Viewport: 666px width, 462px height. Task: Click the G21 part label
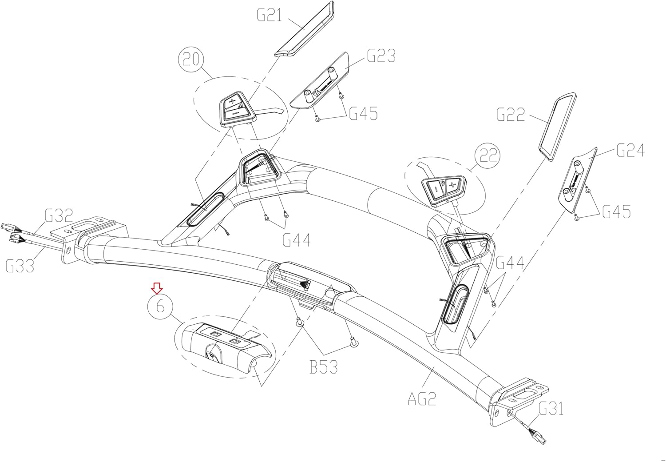click(x=269, y=16)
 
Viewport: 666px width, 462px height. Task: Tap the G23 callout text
click(x=381, y=56)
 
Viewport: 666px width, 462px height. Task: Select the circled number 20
click(x=191, y=60)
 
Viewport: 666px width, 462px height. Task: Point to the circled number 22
click(x=487, y=156)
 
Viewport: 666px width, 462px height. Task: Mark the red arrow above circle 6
click(x=156, y=288)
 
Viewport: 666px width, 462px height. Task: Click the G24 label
click(x=630, y=151)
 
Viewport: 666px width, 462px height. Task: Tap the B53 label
click(x=324, y=368)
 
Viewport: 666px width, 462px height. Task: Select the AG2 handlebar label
click(x=422, y=398)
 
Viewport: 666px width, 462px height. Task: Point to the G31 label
click(x=551, y=408)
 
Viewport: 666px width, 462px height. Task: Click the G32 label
click(x=59, y=217)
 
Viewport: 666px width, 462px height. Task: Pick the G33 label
click(x=20, y=266)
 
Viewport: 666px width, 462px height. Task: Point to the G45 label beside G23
click(x=363, y=114)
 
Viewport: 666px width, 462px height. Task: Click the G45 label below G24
click(x=616, y=211)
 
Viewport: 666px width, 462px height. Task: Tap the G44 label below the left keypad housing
click(x=297, y=240)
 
